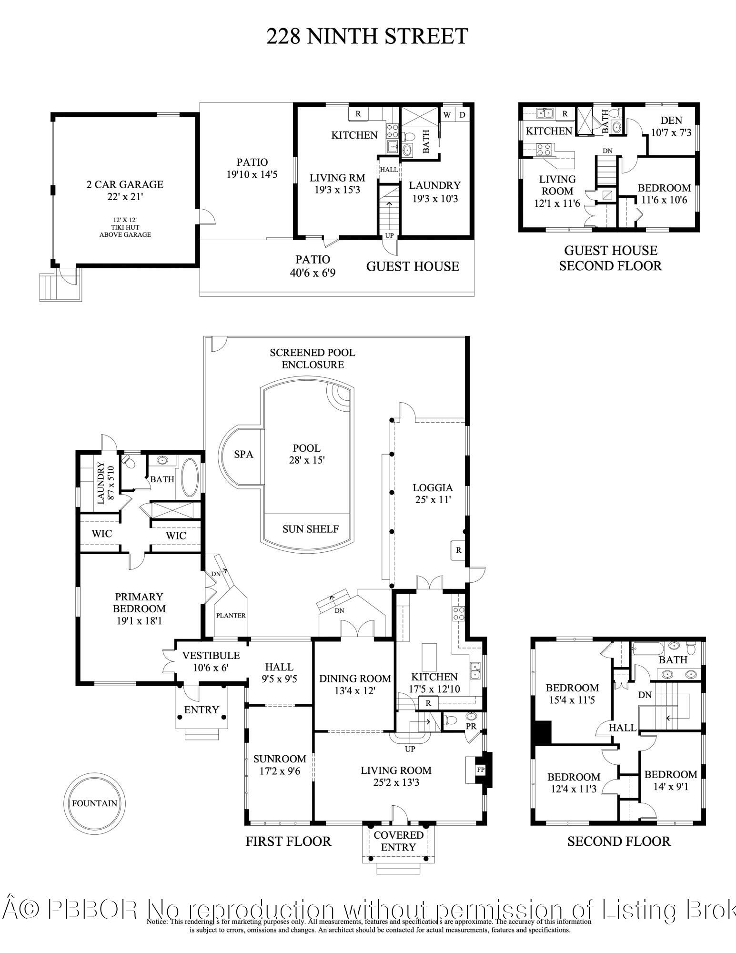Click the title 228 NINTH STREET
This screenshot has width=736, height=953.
(x=367, y=37)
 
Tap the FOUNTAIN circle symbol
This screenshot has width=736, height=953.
(x=94, y=803)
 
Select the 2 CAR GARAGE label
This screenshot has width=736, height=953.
(x=125, y=184)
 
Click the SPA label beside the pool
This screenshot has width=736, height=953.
(x=243, y=454)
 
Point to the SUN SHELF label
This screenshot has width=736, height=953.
(x=310, y=529)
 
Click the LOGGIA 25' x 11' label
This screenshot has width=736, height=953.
(x=433, y=494)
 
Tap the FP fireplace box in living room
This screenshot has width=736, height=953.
(x=480, y=770)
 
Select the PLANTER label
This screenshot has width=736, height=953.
(x=231, y=615)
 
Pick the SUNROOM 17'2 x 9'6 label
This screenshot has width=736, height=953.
(x=280, y=764)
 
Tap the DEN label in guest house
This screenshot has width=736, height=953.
(x=671, y=121)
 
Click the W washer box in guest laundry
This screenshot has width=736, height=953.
(x=447, y=115)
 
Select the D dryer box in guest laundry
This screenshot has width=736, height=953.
(x=462, y=115)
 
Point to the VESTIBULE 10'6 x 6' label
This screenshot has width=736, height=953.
(x=211, y=661)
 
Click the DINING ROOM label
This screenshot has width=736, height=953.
(x=355, y=684)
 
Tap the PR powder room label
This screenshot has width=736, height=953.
(x=471, y=726)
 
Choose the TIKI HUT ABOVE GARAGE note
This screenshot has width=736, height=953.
(x=125, y=227)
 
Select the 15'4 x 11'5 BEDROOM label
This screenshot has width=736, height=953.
(x=572, y=694)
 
